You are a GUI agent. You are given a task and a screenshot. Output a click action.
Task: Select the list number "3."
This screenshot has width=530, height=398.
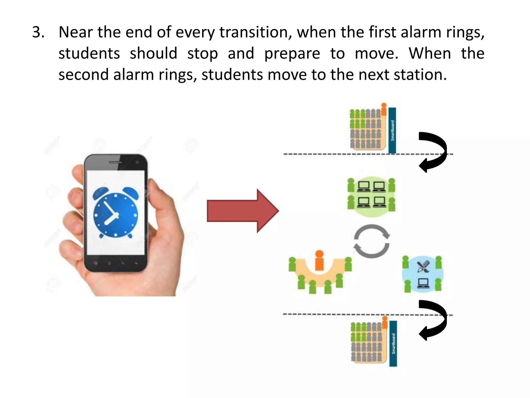[38, 32]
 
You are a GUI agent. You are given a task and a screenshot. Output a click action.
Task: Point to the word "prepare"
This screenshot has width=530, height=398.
[292, 54]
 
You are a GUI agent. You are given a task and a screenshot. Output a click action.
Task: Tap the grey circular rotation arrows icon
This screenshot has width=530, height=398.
[372, 241]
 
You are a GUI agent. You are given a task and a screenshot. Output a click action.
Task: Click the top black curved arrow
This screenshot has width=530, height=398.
[433, 152]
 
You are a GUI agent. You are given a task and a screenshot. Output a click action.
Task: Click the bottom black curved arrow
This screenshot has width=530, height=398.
[433, 320]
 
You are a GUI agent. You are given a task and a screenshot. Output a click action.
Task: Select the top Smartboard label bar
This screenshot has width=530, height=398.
[392, 130]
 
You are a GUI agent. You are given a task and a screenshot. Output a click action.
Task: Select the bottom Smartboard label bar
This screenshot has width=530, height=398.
[393, 344]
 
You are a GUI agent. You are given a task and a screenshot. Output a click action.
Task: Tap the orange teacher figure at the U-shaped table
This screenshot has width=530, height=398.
[320, 260]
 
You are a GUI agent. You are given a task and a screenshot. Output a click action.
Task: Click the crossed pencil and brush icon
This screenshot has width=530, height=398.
[423, 267]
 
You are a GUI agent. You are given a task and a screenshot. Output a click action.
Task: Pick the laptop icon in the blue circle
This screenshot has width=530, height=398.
[423, 283]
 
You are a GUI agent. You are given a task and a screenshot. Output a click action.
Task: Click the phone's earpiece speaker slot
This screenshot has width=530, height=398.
[115, 162]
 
